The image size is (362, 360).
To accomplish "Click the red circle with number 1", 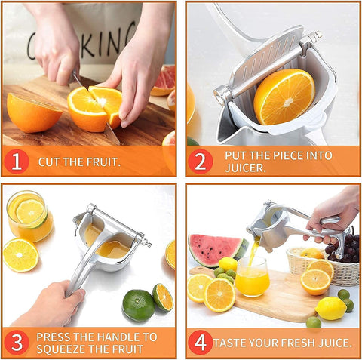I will click(17, 160).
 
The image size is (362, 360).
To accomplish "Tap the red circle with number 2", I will click(201, 160).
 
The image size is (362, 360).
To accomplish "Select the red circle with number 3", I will click(17, 342).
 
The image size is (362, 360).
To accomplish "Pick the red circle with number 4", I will click(201, 342).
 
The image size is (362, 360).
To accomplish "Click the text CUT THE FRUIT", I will click(79, 162).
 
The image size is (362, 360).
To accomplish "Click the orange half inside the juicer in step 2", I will click(284, 96).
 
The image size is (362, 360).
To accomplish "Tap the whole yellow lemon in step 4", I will click(330, 308).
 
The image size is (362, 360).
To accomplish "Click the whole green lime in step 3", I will click(138, 305).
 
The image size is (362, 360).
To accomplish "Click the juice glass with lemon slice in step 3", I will click(29, 216).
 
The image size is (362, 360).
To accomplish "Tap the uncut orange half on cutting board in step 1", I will click(33, 113).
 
